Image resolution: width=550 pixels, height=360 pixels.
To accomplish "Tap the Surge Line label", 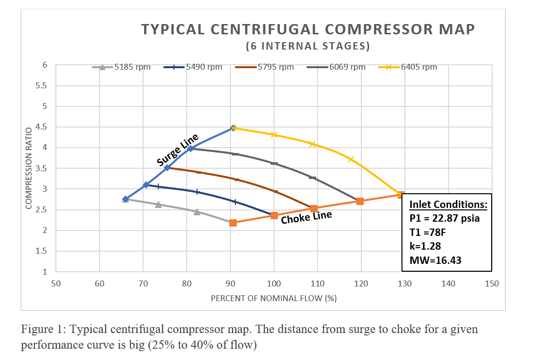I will tap(177, 150).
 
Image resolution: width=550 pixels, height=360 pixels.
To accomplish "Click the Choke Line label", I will tap(306, 217).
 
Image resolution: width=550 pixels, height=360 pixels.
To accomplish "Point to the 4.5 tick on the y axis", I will tap(44, 127).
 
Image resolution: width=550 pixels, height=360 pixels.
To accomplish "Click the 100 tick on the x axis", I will tap(274, 283).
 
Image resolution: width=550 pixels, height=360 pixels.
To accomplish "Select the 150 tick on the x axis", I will tap(491, 283).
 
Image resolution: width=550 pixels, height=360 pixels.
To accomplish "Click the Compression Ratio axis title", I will tap(29, 168).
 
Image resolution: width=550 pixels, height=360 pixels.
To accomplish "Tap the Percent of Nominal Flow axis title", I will tap(274, 298).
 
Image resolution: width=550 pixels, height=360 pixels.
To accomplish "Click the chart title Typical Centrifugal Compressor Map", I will tap(308, 29).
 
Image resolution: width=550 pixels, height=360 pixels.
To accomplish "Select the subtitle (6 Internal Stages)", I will tap(307, 47).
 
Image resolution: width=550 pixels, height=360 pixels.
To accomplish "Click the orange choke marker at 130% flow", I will tap(401, 195).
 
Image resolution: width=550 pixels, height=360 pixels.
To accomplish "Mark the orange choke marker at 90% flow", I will tap(233, 223).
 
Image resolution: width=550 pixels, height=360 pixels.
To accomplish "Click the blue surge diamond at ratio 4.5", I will tap(233, 128).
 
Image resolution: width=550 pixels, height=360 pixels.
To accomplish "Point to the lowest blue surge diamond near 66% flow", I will tap(125, 199).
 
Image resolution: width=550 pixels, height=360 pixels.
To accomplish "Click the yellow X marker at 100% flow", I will tap(274, 135).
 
